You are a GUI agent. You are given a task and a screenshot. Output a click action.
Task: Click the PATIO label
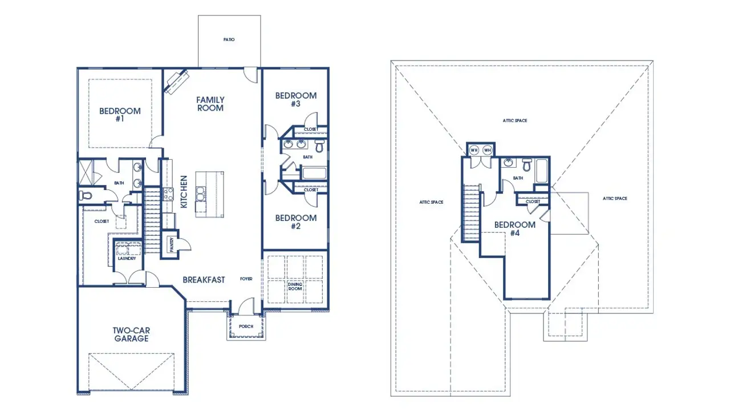click(229, 40)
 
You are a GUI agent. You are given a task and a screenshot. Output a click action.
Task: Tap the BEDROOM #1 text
click(120, 115)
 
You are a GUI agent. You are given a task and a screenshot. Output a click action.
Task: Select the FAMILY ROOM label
click(210, 103)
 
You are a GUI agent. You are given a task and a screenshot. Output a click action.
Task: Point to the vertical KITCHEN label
click(184, 192)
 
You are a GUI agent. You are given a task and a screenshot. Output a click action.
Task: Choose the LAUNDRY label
click(126, 259)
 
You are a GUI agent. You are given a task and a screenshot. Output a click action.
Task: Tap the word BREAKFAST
click(204, 280)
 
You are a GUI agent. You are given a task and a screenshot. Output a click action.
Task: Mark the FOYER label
click(246, 280)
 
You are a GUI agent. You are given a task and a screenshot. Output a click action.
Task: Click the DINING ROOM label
click(295, 285)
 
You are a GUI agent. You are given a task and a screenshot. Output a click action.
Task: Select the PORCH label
click(246, 327)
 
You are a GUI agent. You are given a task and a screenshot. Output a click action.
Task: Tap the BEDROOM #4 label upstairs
click(514, 228)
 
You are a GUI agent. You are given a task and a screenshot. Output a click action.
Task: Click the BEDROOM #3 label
click(295, 99)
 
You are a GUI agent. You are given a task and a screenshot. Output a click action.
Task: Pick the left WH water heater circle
click(474, 150)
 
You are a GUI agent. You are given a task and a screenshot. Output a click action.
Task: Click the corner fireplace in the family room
click(176, 80)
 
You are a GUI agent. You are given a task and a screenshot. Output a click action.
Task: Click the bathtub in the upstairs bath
click(542, 170)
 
